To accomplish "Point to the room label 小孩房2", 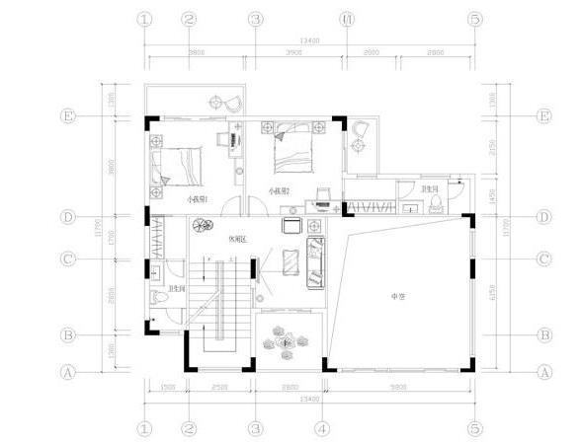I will coord(279,191).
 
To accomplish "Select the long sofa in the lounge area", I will coord(315,258).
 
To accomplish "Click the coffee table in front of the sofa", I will coord(291,259).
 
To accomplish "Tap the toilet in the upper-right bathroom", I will coord(436,203).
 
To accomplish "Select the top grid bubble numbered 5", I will coord(474,19).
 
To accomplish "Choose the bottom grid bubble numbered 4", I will coord(322,428).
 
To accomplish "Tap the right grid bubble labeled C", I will coord(543,259).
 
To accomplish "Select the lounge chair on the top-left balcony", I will coord(227,99).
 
